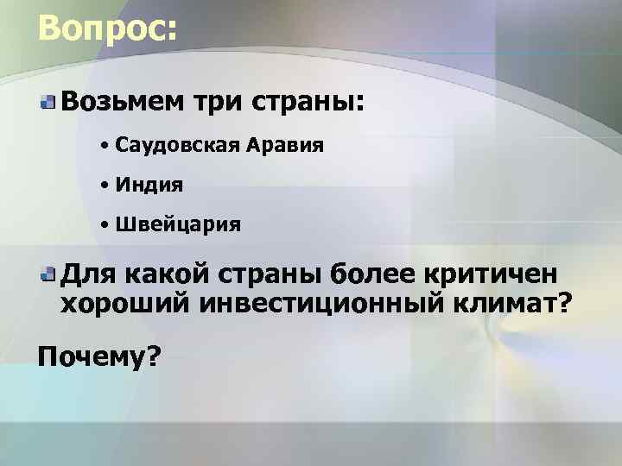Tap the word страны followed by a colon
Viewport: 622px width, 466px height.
(303, 103)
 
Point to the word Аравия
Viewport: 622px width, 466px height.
(286, 145)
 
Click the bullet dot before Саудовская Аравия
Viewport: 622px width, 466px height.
(103, 146)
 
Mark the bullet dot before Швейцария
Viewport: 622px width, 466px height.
(103, 225)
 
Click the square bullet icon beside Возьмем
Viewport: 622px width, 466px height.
(48, 103)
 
